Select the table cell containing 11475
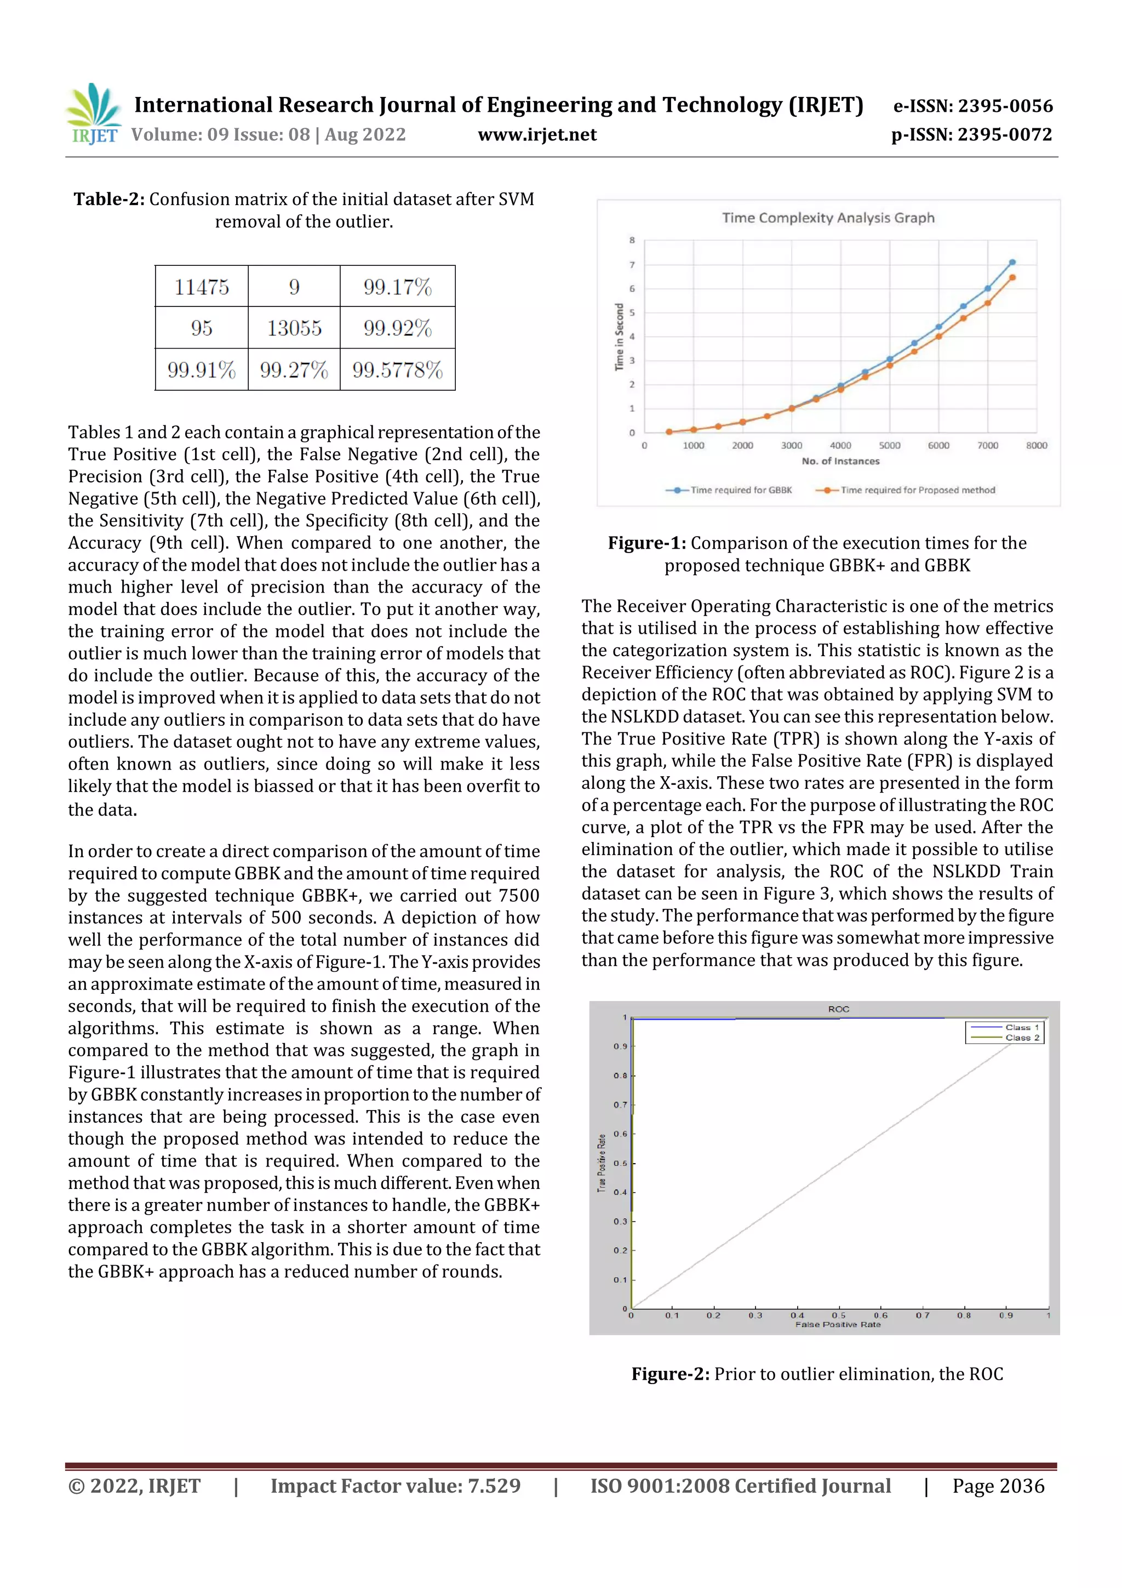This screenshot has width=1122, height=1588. click(x=201, y=286)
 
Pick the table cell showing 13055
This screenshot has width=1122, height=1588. click(x=294, y=328)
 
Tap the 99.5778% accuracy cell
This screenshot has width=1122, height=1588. click(x=398, y=370)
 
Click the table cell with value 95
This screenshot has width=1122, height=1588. click(x=201, y=328)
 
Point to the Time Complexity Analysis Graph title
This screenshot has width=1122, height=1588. click(x=828, y=218)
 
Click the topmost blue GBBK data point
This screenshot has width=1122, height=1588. click(x=1012, y=262)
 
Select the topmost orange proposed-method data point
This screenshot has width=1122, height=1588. click(x=1012, y=277)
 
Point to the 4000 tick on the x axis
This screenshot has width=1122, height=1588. click(x=840, y=446)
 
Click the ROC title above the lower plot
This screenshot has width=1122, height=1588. click(x=839, y=1009)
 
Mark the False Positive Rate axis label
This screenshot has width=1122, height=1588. click(x=838, y=1324)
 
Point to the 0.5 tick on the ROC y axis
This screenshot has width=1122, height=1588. click(x=620, y=1163)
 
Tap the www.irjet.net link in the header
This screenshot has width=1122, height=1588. click(x=537, y=134)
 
